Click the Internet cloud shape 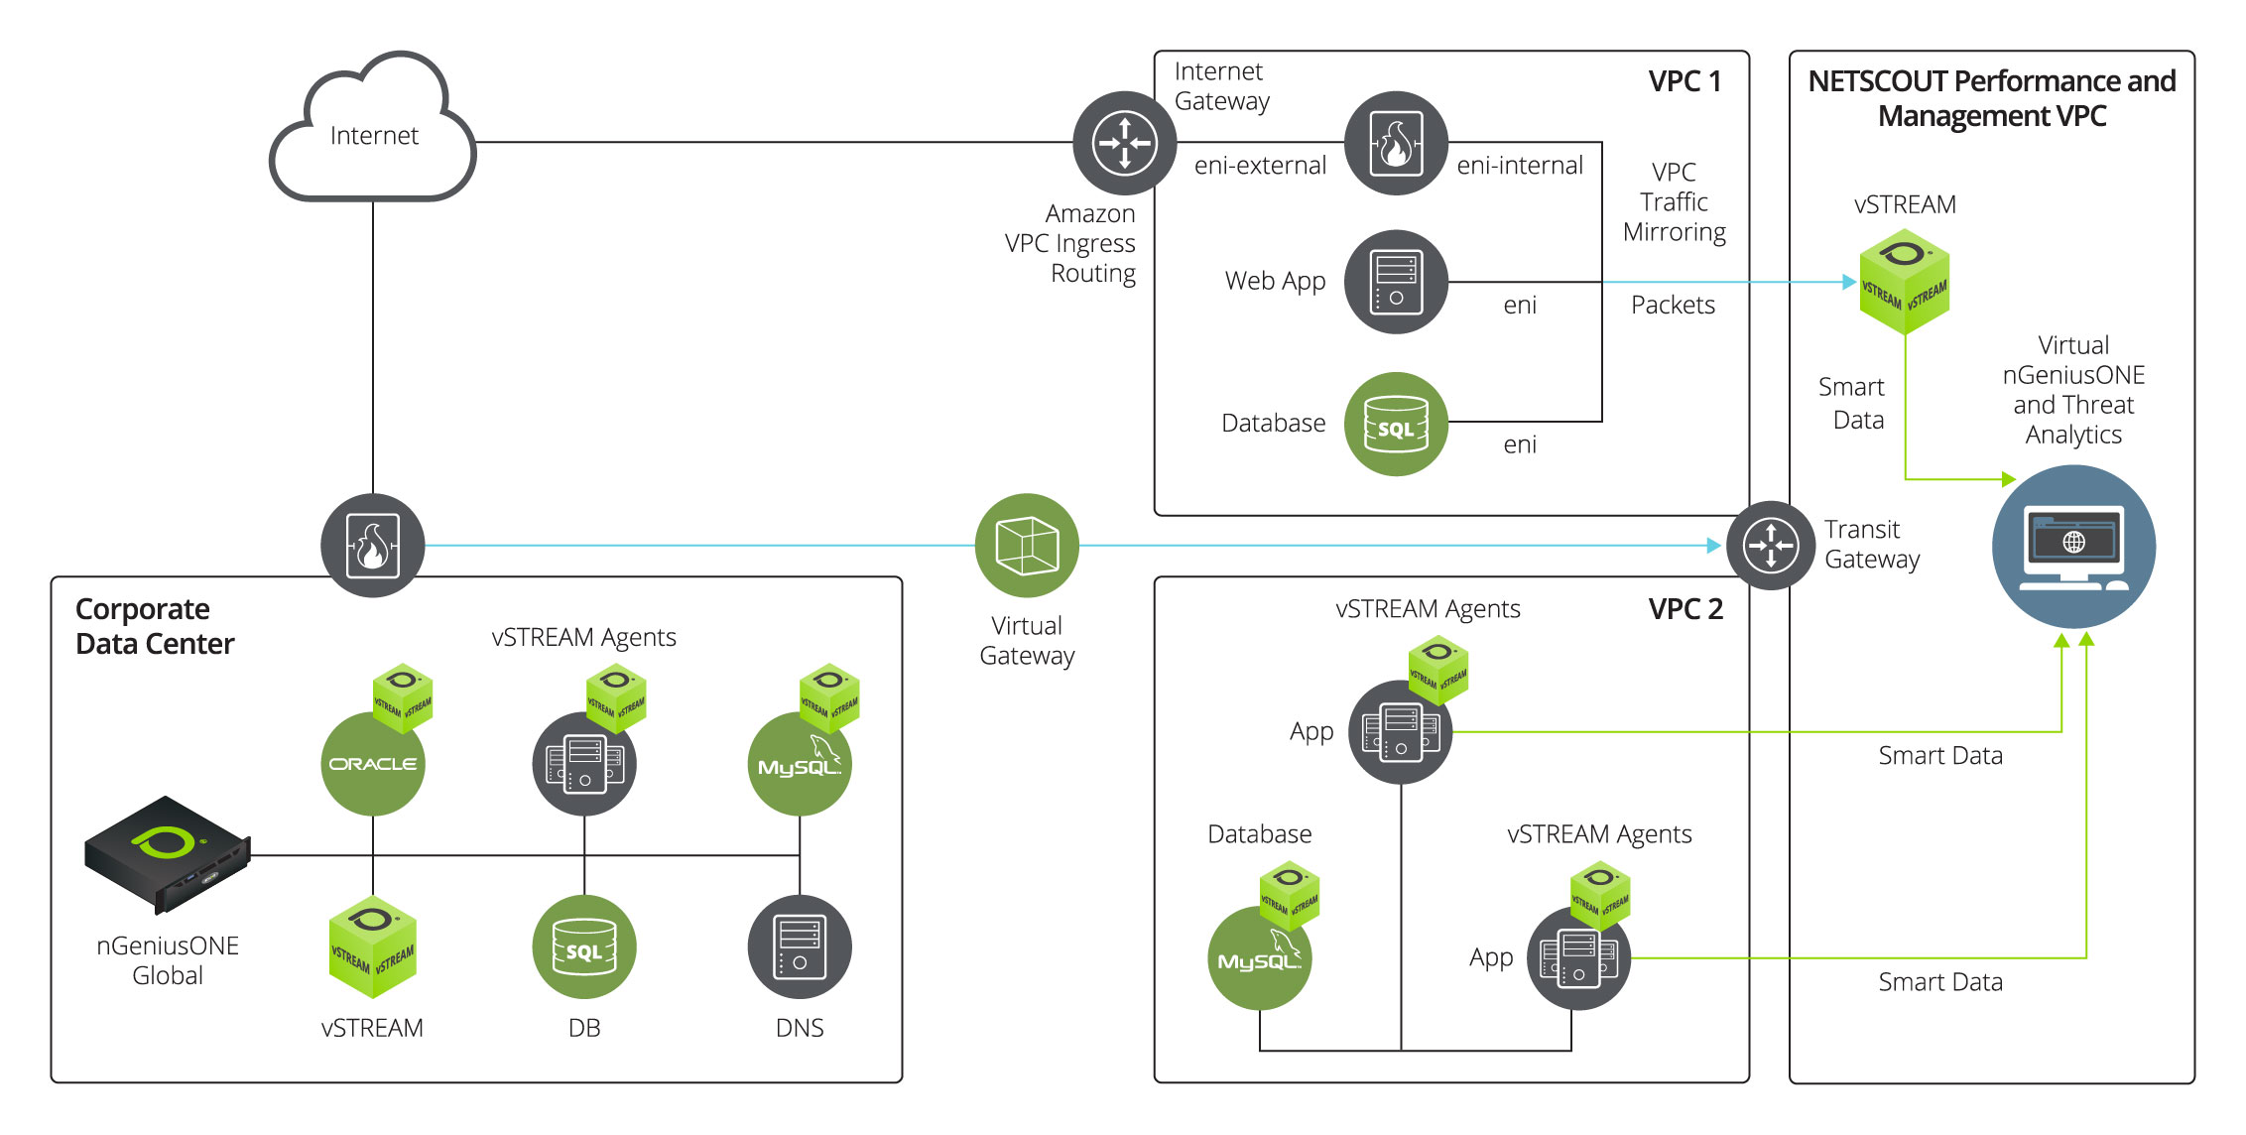pyautogui.click(x=373, y=129)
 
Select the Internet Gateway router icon pyautogui.click(x=1125, y=143)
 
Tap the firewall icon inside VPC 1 pyautogui.click(x=1396, y=143)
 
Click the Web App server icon pyautogui.click(x=1396, y=282)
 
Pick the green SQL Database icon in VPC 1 pyautogui.click(x=1396, y=424)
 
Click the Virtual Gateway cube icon pyautogui.click(x=1027, y=546)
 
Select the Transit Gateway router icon pyautogui.click(x=1771, y=546)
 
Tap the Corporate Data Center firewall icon pyautogui.click(x=373, y=546)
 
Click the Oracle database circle pyautogui.click(x=373, y=764)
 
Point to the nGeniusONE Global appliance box pyautogui.click(x=167, y=853)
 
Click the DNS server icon pyautogui.click(x=800, y=947)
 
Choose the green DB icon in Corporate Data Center pyautogui.click(x=584, y=947)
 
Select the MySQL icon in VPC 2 pyautogui.click(x=1260, y=958)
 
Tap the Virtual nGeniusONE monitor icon pyautogui.click(x=2073, y=547)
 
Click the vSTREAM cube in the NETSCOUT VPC pyautogui.click(x=1904, y=282)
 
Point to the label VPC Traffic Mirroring pyautogui.click(x=1675, y=201)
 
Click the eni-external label pyautogui.click(x=1260, y=166)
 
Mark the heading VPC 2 pyautogui.click(x=1685, y=609)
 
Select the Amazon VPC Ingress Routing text pyautogui.click(x=1070, y=243)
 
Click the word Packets pyautogui.click(x=1673, y=305)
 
